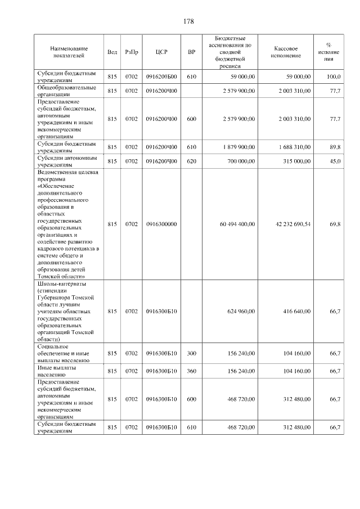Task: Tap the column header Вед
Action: pyautogui.click(x=112, y=52)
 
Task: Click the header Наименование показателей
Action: pyautogui.click(x=67, y=52)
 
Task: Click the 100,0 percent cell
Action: pyautogui.click(x=334, y=76)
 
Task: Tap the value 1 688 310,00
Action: pyautogui.click(x=294, y=147)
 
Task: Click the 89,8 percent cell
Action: pyautogui.click(x=335, y=147)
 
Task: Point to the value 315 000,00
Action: pyautogui.click(x=296, y=161)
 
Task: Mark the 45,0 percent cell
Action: pyautogui.click(x=335, y=161)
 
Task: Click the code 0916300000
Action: pyautogui.click(x=161, y=224)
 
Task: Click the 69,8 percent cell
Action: pyautogui.click(x=335, y=224)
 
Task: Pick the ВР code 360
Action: pyautogui.click(x=192, y=370)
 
